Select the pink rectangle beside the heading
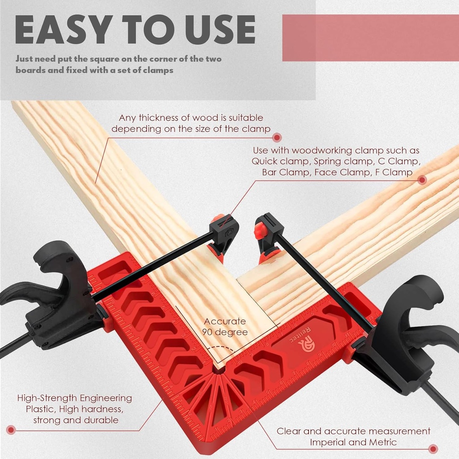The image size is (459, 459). coord(370,38)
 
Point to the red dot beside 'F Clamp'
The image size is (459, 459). coord(421,180)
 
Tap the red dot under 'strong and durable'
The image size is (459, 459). coord(11,430)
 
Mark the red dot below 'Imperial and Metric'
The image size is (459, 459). coord(433,449)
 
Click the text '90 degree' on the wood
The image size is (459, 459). coord(225,332)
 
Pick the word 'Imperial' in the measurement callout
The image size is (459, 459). coord(329,442)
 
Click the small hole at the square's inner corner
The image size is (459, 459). coord(220,371)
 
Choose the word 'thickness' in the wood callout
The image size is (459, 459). coord(164,118)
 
